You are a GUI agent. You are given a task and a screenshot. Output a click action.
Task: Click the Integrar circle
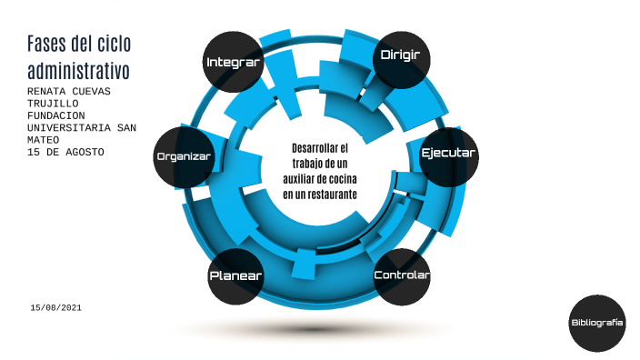(x=234, y=63)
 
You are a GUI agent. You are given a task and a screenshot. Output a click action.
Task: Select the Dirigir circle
(x=400, y=56)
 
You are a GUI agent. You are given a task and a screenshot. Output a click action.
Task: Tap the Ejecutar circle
(x=448, y=154)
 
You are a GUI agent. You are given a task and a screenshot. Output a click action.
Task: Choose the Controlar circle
(x=402, y=275)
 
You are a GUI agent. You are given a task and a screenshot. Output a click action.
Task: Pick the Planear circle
(x=236, y=275)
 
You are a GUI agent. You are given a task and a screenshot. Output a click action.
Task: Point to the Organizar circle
(x=184, y=156)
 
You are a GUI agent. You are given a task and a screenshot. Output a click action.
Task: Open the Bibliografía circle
(x=597, y=324)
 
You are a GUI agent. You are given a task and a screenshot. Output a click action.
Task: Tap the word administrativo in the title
(x=78, y=70)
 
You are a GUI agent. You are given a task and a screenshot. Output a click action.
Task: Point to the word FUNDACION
(x=56, y=115)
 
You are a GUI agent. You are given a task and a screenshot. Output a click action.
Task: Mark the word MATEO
(x=43, y=140)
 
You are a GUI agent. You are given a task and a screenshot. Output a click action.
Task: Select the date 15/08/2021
(x=56, y=309)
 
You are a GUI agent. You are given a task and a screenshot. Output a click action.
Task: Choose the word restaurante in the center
(x=331, y=194)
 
